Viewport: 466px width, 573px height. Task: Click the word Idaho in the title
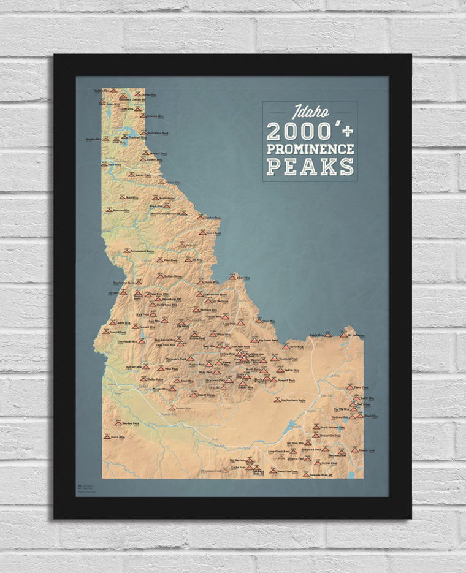coord(310,112)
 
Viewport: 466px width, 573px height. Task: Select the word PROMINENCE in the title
coord(310,149)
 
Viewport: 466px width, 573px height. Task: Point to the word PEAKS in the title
coord(310,166)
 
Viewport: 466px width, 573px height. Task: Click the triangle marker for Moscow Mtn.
coord(109,210)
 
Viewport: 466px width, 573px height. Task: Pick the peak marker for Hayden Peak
coord(118,423)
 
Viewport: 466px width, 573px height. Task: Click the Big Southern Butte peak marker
coord(277,400)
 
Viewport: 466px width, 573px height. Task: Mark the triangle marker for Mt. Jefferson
coord(343,335)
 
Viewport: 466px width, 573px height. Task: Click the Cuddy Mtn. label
coord(123,322)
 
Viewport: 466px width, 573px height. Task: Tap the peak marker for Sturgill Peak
coord(106,332)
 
